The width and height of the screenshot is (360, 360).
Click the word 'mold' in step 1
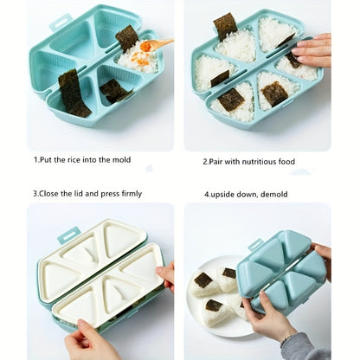click(121, 160)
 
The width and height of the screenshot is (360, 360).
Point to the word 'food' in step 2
click(286, 162)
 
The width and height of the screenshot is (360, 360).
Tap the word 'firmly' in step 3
click(132, 194)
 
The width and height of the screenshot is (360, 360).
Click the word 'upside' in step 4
click(222, 195)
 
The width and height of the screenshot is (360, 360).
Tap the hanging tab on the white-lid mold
click(68, 235)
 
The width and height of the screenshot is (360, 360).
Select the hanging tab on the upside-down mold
click(256, 245)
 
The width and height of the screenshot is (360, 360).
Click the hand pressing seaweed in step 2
click(312, 50)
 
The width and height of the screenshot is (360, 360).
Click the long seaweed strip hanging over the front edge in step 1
click(74, 93)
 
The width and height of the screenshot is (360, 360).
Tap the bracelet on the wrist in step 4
click(286, 337)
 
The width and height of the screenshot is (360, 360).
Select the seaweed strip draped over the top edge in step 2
click(225, 26)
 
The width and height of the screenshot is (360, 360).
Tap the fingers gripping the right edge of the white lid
click(166, 276)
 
